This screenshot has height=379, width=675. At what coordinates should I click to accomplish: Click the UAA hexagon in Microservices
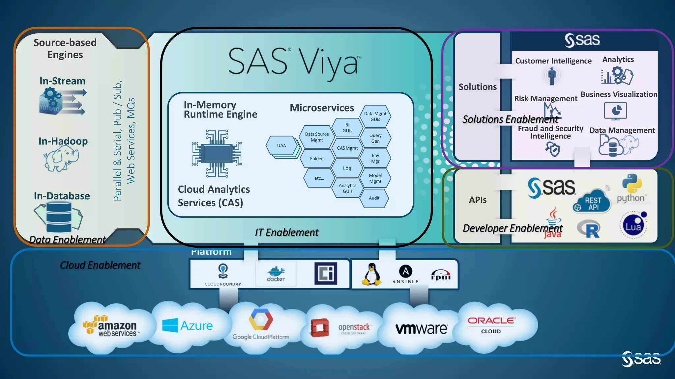pos(281,146)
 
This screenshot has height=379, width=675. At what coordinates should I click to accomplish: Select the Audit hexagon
pos(374,198)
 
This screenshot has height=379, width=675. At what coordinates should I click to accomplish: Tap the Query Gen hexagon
pos(375,138)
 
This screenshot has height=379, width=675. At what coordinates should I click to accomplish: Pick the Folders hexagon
pos(317,159)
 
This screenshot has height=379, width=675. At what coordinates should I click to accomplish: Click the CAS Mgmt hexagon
pos(347,148)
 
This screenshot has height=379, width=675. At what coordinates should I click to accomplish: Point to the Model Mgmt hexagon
pos(375,178)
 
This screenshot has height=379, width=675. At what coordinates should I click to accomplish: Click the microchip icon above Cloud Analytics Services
pos(217,153)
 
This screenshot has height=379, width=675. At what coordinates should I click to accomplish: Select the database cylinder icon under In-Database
pos(59,217)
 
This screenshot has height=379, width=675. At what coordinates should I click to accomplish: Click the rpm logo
pos(441,275)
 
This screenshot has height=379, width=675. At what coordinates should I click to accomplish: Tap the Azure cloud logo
pos(187,326)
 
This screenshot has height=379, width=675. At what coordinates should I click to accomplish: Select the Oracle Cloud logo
pos(491,325)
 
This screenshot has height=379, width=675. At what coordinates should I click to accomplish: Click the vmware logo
pos(421,328)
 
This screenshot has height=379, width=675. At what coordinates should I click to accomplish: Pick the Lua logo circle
pos(633,226)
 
